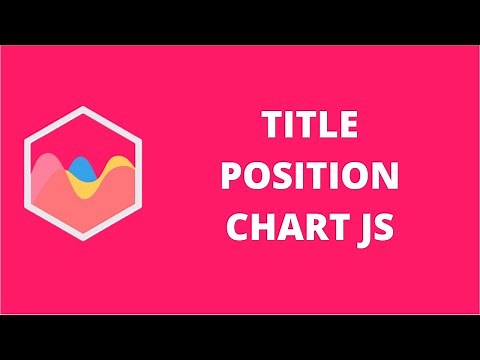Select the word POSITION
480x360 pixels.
[x=310, y=178]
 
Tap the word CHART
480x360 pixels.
[x=285, y=226]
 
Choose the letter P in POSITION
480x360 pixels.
[x=232, y=178]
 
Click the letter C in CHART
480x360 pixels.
[x=238, y=226]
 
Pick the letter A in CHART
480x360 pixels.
[x=288, y=226]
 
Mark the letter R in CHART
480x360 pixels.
[x=312, y=226]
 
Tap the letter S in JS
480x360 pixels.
[x=386, y=226]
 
